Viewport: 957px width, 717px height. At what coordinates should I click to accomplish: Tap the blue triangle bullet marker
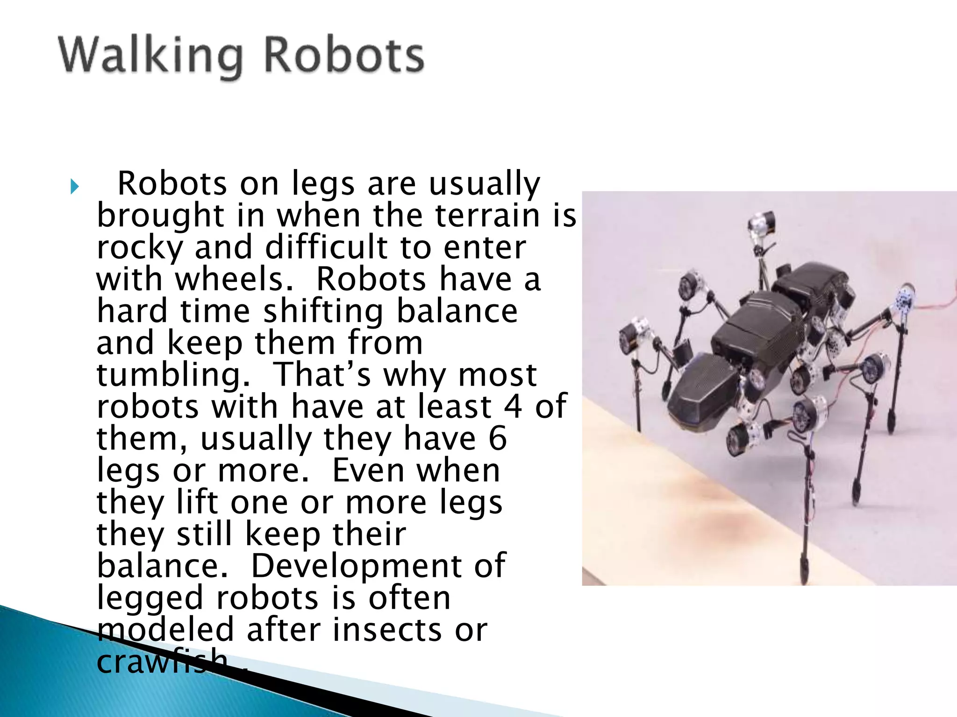tap(75, 187)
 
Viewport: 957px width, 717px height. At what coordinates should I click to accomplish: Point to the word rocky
tap(140, 248)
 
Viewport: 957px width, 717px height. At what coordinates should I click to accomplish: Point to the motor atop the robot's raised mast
tap(761, 226)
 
